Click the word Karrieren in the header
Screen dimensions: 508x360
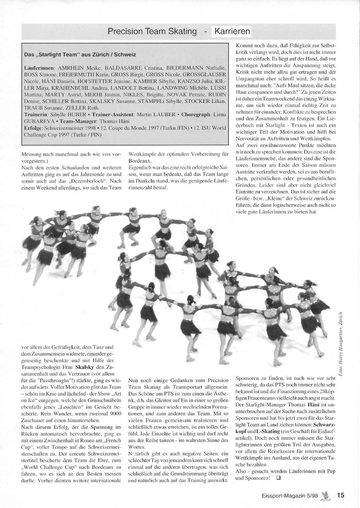232,31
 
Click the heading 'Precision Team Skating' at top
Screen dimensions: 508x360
152,31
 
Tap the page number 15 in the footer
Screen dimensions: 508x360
341,495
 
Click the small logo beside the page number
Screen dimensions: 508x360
327,495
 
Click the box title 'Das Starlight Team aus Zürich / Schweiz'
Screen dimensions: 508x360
80,55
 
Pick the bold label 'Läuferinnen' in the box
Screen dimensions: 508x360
39,68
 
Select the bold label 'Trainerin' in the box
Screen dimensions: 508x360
35,114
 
